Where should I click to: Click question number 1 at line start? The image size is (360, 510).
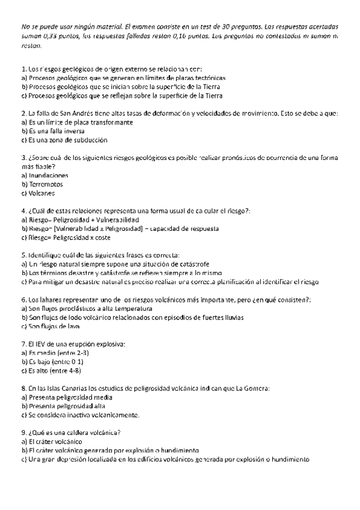point(23,70)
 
